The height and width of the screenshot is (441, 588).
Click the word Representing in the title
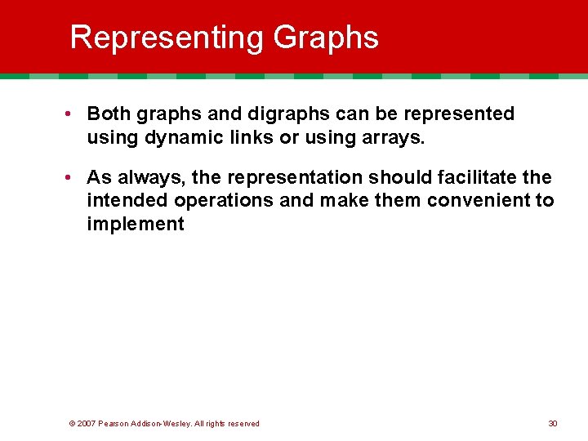click(167, 38)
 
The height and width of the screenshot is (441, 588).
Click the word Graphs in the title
click(326, 38)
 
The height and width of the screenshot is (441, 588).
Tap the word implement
click(136, 224)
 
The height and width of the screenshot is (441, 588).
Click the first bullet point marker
click(73, 114)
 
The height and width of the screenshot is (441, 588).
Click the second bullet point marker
click(73, 177)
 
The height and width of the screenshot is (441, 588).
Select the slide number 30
click(553, 423)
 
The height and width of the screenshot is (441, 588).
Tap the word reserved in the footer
click(242, 423)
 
